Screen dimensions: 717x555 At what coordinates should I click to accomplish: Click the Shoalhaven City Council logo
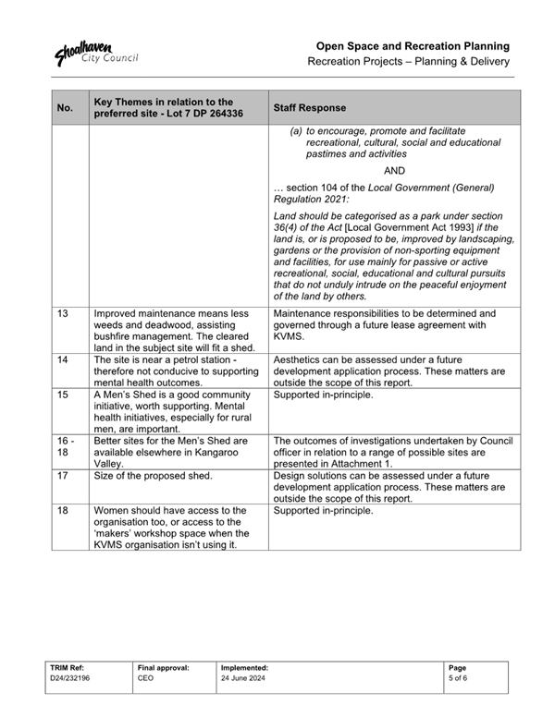pyautogui.click(x=96, y=52)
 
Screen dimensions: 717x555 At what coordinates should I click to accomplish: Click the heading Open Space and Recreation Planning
pyautogui.click(x=413, y=45)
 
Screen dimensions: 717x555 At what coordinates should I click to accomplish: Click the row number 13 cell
pyautogui.click(x=63, y=314)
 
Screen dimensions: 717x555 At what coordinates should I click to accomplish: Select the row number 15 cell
pyautogui.click(x=63, y=394)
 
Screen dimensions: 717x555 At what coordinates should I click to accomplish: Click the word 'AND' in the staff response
pyautogui.click(x=394, y=171)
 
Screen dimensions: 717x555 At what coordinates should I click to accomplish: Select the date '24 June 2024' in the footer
pyautogui.click(x=243, y=677)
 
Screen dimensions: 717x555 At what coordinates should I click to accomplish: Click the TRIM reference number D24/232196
pyautogui.click(x=71, y=677)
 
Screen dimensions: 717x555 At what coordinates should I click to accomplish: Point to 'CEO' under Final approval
pyautogui.click(x=145, y=677)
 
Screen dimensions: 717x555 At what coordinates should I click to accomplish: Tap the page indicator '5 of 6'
pyautogui.click(x=457, y=677)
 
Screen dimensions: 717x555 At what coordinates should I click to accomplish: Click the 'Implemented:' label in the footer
pyautogui.click(x=245, y=666)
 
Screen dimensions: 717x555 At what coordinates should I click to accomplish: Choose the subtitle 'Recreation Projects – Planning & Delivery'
pyautogui.click(x=409, y=62)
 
